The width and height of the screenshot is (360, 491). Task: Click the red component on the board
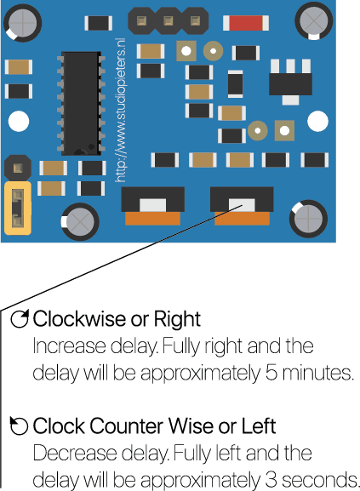pyautogui.click(x=246, y=23)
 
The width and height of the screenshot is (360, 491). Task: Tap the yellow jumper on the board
pyautogui.click(x=18, y=208)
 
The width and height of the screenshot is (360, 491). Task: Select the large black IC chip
pyautogui.click(x=81, y=103)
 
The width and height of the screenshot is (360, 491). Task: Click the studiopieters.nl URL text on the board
pyautogui.click(x=121, y=110)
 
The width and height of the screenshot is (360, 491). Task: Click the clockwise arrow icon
pyautogui.click(x=20, y=319)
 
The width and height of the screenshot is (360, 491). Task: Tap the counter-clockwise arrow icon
pyautogui.click(x=19, y=425)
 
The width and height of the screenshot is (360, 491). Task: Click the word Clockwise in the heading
pyautogui.click(x=80, y=319)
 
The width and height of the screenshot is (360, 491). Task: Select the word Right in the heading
pyautogui.click(x=177, y=319)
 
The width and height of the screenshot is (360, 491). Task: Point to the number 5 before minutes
pyautogui.click(x=271, y=373)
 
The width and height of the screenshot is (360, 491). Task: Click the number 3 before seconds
pyautogui.click(x=271, y=480)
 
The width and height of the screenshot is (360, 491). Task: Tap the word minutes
pyautogui.click(x=317, y=373)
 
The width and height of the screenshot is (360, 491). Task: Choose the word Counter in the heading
pyautogui.click(x=127, y=426)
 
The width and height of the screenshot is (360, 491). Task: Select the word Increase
pyautogui.click(x=69, y=346)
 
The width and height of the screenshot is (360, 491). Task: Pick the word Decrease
pyautogui.click(x=75, y=453)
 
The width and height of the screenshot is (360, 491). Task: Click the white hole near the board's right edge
pyautogui.click(x=317, y=121)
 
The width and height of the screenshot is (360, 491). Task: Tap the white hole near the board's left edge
pyautogui.click(x=19, y=121)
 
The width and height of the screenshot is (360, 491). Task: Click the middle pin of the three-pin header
pyautogui.click(x=169, y=21)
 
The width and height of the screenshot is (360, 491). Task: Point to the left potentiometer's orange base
pyautogui.click(x=152, y=218)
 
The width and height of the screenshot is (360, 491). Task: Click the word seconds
pyautogui.click(x=320, y=480)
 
